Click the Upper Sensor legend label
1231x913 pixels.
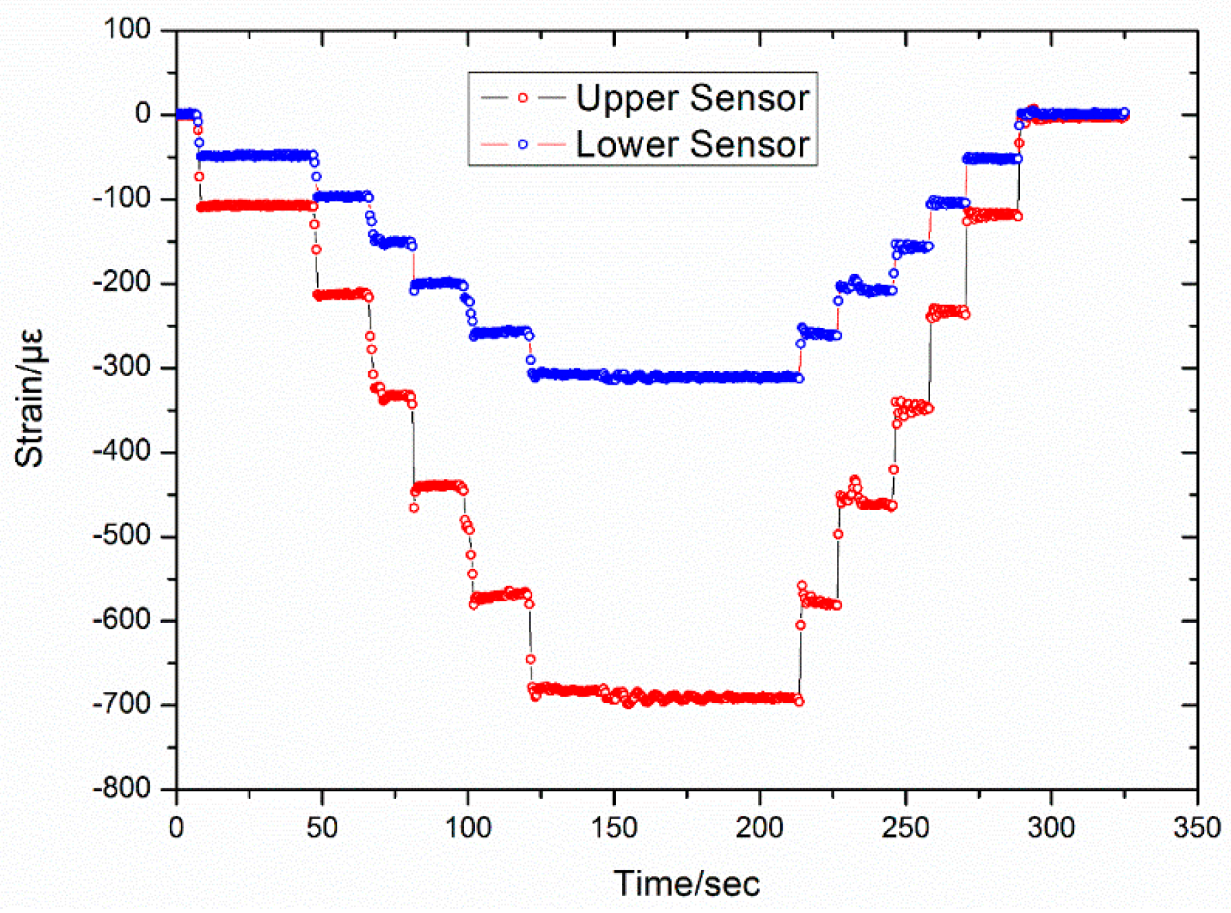[692, 99]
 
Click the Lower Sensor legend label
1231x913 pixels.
[692, 144]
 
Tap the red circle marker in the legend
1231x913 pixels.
[523, 98]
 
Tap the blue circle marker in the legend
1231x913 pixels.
[523, 144]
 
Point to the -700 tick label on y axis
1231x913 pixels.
[122, 704]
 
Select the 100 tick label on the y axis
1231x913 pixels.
[127, 30]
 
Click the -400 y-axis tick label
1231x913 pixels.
[122, 451]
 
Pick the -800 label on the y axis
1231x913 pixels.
[122, 788]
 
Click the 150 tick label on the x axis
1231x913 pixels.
[613, 828]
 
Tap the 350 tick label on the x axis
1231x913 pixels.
[1197, 828]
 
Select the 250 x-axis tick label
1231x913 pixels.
[905, 828]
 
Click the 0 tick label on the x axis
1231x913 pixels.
[176, 828]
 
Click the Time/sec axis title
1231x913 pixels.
[686, 884]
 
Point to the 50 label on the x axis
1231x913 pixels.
[322, 828]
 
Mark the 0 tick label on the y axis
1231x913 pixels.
[142, 113]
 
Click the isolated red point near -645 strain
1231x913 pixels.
[531, 659]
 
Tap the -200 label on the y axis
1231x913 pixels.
[122, 283]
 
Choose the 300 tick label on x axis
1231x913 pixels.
[1051, 828]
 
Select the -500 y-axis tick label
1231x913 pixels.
[122, 536]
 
